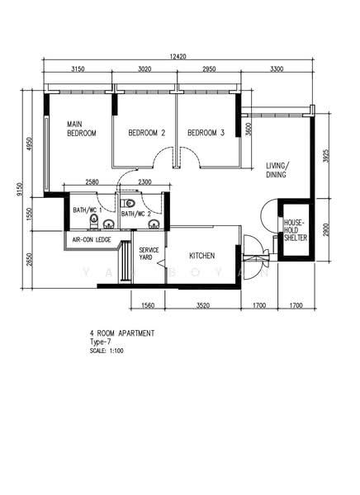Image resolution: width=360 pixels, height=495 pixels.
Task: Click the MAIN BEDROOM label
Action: [81, 129]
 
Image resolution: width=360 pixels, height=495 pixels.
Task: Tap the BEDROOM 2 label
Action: [147, 133]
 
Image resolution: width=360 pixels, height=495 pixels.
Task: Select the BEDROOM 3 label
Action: [206, 133]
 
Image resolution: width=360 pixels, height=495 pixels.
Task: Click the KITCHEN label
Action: [202, 256]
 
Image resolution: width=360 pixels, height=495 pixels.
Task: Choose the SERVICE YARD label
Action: [149, 253]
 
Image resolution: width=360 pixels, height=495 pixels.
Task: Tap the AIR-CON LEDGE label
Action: [92, 239]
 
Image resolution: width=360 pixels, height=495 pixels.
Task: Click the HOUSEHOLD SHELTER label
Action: [296, 230]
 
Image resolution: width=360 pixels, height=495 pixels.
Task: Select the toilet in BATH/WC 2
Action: [130, 203]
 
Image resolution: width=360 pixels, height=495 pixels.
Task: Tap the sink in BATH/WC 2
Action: [154, 224]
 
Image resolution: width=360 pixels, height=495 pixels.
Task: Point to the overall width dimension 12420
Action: [178, 56]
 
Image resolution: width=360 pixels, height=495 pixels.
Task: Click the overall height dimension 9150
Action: [20, 189]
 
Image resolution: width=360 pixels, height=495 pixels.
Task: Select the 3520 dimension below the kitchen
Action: [202, 305]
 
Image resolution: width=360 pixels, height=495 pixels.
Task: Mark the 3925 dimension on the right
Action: [326, 156]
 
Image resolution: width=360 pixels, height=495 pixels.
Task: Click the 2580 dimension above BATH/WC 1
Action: [92, 181]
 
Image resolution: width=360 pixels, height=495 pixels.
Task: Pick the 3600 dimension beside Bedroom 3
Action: [249, 129]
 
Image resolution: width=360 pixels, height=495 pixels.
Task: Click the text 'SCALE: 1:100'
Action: [107, 351]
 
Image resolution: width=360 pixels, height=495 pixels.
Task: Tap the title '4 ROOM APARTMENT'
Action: [122, 333]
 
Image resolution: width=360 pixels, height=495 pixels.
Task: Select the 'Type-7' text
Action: [100, 342]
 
